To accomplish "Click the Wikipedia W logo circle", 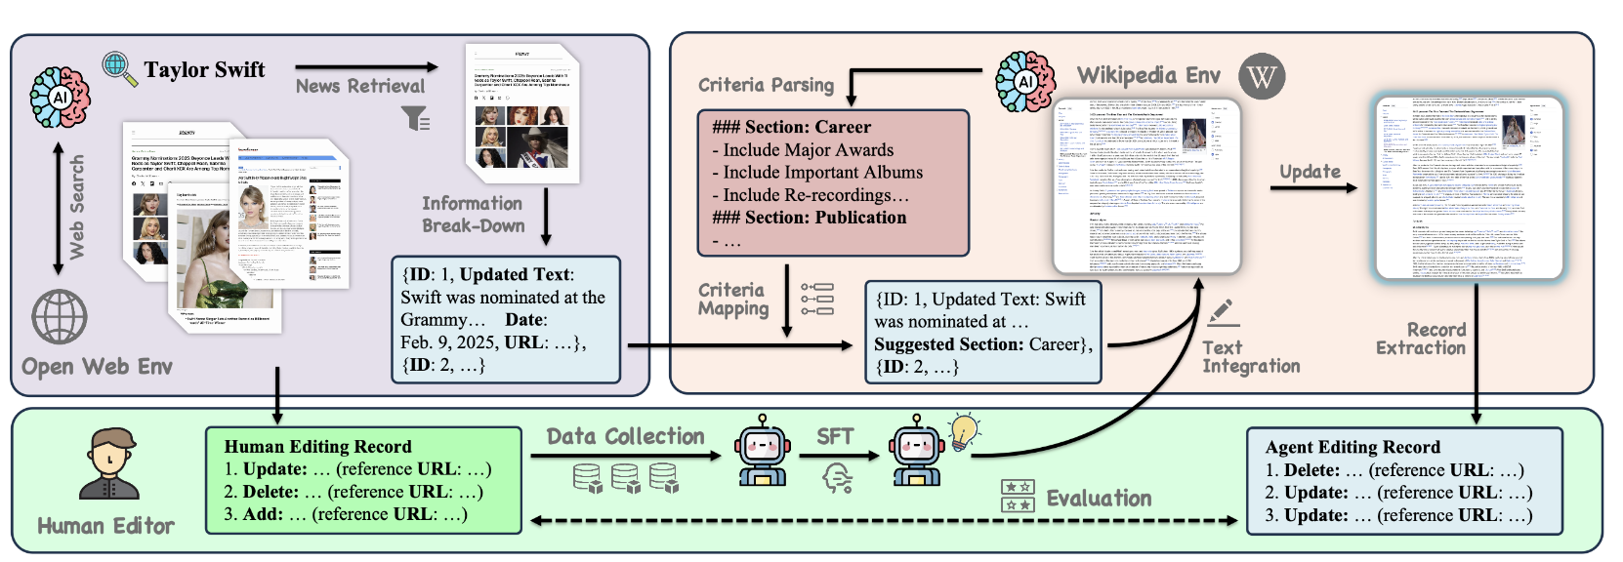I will [x=1262, y=76].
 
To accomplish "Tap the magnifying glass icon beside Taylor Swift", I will [x=119, y=68].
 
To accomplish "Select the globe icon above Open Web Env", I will [x=60, y=317].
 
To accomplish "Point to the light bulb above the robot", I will [x=965, y=430].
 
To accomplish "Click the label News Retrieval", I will [x=360, y=86].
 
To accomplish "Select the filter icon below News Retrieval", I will [x=416, y=119].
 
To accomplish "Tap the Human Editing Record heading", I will [x=317, y=446].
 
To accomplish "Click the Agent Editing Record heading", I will [x=1352, y=447].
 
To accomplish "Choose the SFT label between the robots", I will [x=835, y=436].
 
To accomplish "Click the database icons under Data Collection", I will [x=625, y=478].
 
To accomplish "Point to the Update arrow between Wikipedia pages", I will [x=1313, y=186].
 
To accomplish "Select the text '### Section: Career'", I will [x=791, y=127].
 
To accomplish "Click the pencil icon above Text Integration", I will [x=1222, y=313].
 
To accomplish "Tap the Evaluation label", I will [x=1099, y=499].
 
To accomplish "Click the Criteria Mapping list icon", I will [x=816, y=300].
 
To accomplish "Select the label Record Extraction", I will [x=1421, y=339].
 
